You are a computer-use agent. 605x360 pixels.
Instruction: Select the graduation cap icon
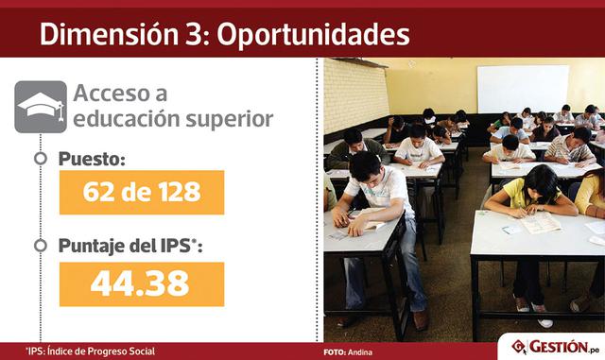[41, 106]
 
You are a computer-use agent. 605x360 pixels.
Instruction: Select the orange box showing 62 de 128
[141, 193]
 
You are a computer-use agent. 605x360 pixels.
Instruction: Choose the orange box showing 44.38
[141, 283]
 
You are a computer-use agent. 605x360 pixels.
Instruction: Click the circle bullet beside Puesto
[40, 159]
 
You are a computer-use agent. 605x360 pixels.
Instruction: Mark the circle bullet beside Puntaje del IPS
[40, 248]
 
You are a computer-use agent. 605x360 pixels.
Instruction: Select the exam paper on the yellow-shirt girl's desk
[538, 223]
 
